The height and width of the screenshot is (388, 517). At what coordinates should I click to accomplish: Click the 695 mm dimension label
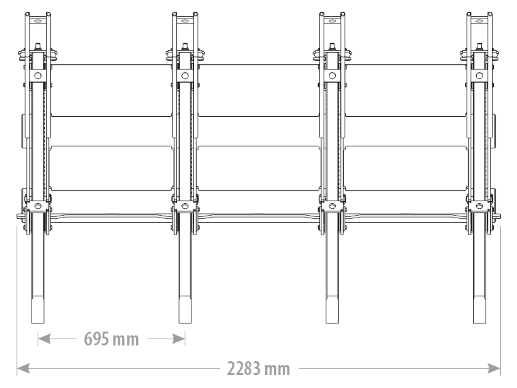pos(111,339)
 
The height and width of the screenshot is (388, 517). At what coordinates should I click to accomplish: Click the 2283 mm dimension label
pos(258,369)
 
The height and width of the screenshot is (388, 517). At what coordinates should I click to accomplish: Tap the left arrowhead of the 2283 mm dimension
pos(23,369)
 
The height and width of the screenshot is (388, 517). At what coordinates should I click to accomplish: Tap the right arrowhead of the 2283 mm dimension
pos(494,369)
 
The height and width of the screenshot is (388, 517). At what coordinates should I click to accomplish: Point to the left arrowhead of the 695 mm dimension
pos(44,339)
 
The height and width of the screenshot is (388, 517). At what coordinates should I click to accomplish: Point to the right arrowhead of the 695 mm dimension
pos(179,339)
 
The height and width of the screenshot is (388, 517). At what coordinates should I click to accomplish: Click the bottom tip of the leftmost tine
pos(38,323)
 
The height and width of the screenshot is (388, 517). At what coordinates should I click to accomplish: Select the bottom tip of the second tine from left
pos(185,323)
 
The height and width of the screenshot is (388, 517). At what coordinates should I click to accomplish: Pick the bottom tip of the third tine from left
pos(332,323)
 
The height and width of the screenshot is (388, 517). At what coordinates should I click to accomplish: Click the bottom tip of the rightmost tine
pos(480,323)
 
